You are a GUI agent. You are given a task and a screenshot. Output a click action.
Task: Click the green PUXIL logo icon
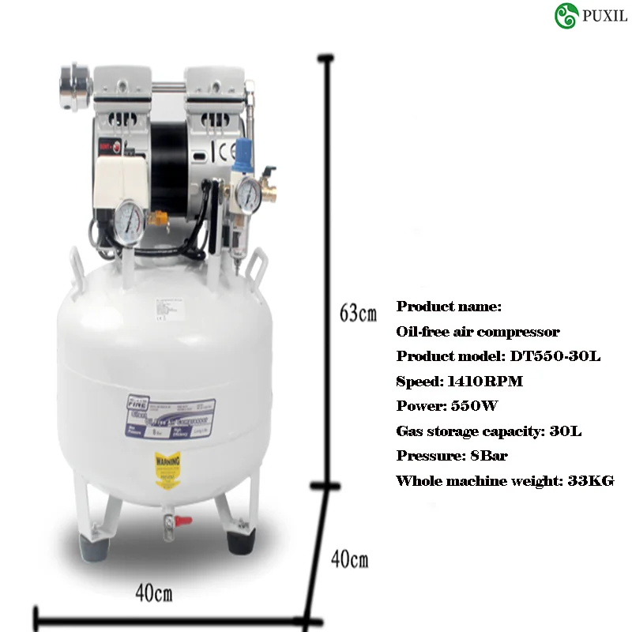[566, 16]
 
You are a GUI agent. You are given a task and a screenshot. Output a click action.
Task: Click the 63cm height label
[358, 313]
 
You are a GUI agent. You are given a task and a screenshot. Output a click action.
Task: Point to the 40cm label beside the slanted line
[349, 560]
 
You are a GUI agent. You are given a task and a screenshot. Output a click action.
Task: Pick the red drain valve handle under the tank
[183, 521]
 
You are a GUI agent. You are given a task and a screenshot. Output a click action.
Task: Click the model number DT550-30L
[555, 356]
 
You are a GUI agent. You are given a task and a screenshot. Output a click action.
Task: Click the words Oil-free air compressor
[478, 332]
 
